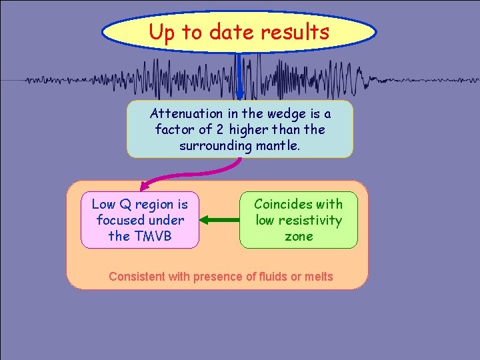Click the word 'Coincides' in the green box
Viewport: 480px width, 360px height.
281,204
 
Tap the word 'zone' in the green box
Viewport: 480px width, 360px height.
298,236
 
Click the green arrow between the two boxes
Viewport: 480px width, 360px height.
219,219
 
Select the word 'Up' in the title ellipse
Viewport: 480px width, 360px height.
161,31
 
